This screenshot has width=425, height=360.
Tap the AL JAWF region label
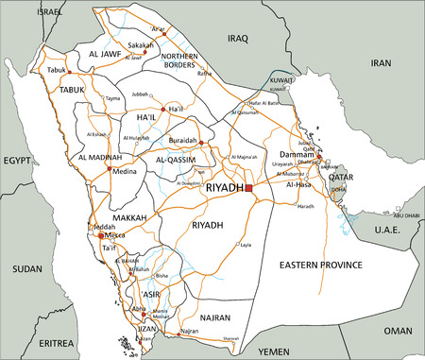tap(107, 56)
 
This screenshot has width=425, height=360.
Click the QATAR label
tap(341, 177)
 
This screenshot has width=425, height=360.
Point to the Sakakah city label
tap(140, 44)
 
